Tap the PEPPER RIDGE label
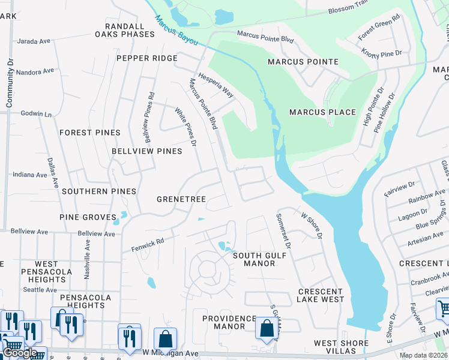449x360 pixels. (x=147, y=58)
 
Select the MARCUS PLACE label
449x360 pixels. (x=322, y=112)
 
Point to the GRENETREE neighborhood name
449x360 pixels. (x=181, y=199)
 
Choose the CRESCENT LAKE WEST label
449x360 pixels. (x=321, y=295)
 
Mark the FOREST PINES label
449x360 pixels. (x=90, y=133)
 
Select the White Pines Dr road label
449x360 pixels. (x=185, y=127)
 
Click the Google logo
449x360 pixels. (x=20, y=353)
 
